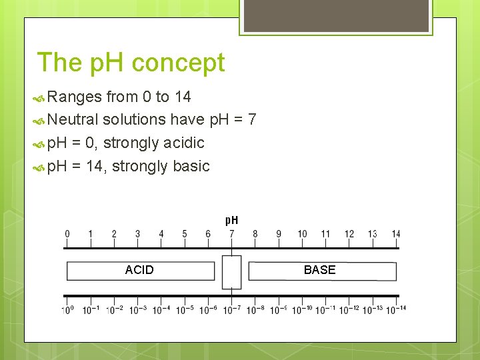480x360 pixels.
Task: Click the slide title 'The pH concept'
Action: [x=131, y=63]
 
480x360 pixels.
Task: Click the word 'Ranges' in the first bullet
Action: [x=75, y=97]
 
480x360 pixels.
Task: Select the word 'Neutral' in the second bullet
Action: [x=73, y=120]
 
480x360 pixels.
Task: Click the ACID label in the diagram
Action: [x=139, y=270]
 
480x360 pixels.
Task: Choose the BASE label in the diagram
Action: [x=319, y=270]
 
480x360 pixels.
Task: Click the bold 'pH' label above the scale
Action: [x=231, y=220]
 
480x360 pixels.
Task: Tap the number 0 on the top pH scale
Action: [x=67, y=234]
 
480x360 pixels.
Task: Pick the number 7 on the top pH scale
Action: [x=231, y=234]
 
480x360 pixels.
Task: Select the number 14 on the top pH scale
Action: [x=396, y=234]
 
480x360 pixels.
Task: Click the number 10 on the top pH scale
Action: [x=302, y=234]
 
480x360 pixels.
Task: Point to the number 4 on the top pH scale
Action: [x=161, y=234]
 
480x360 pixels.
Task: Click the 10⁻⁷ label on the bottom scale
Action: [x=231, y=310]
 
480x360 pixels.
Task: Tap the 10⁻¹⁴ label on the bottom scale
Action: [x=396, y=310]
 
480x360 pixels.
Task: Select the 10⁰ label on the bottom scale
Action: [x=67, y=310]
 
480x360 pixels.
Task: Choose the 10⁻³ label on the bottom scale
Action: [x=138, y=310]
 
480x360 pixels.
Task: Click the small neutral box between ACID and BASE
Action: [x=231, y=271]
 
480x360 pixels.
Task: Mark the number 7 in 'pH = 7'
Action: [x=251, y=120]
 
